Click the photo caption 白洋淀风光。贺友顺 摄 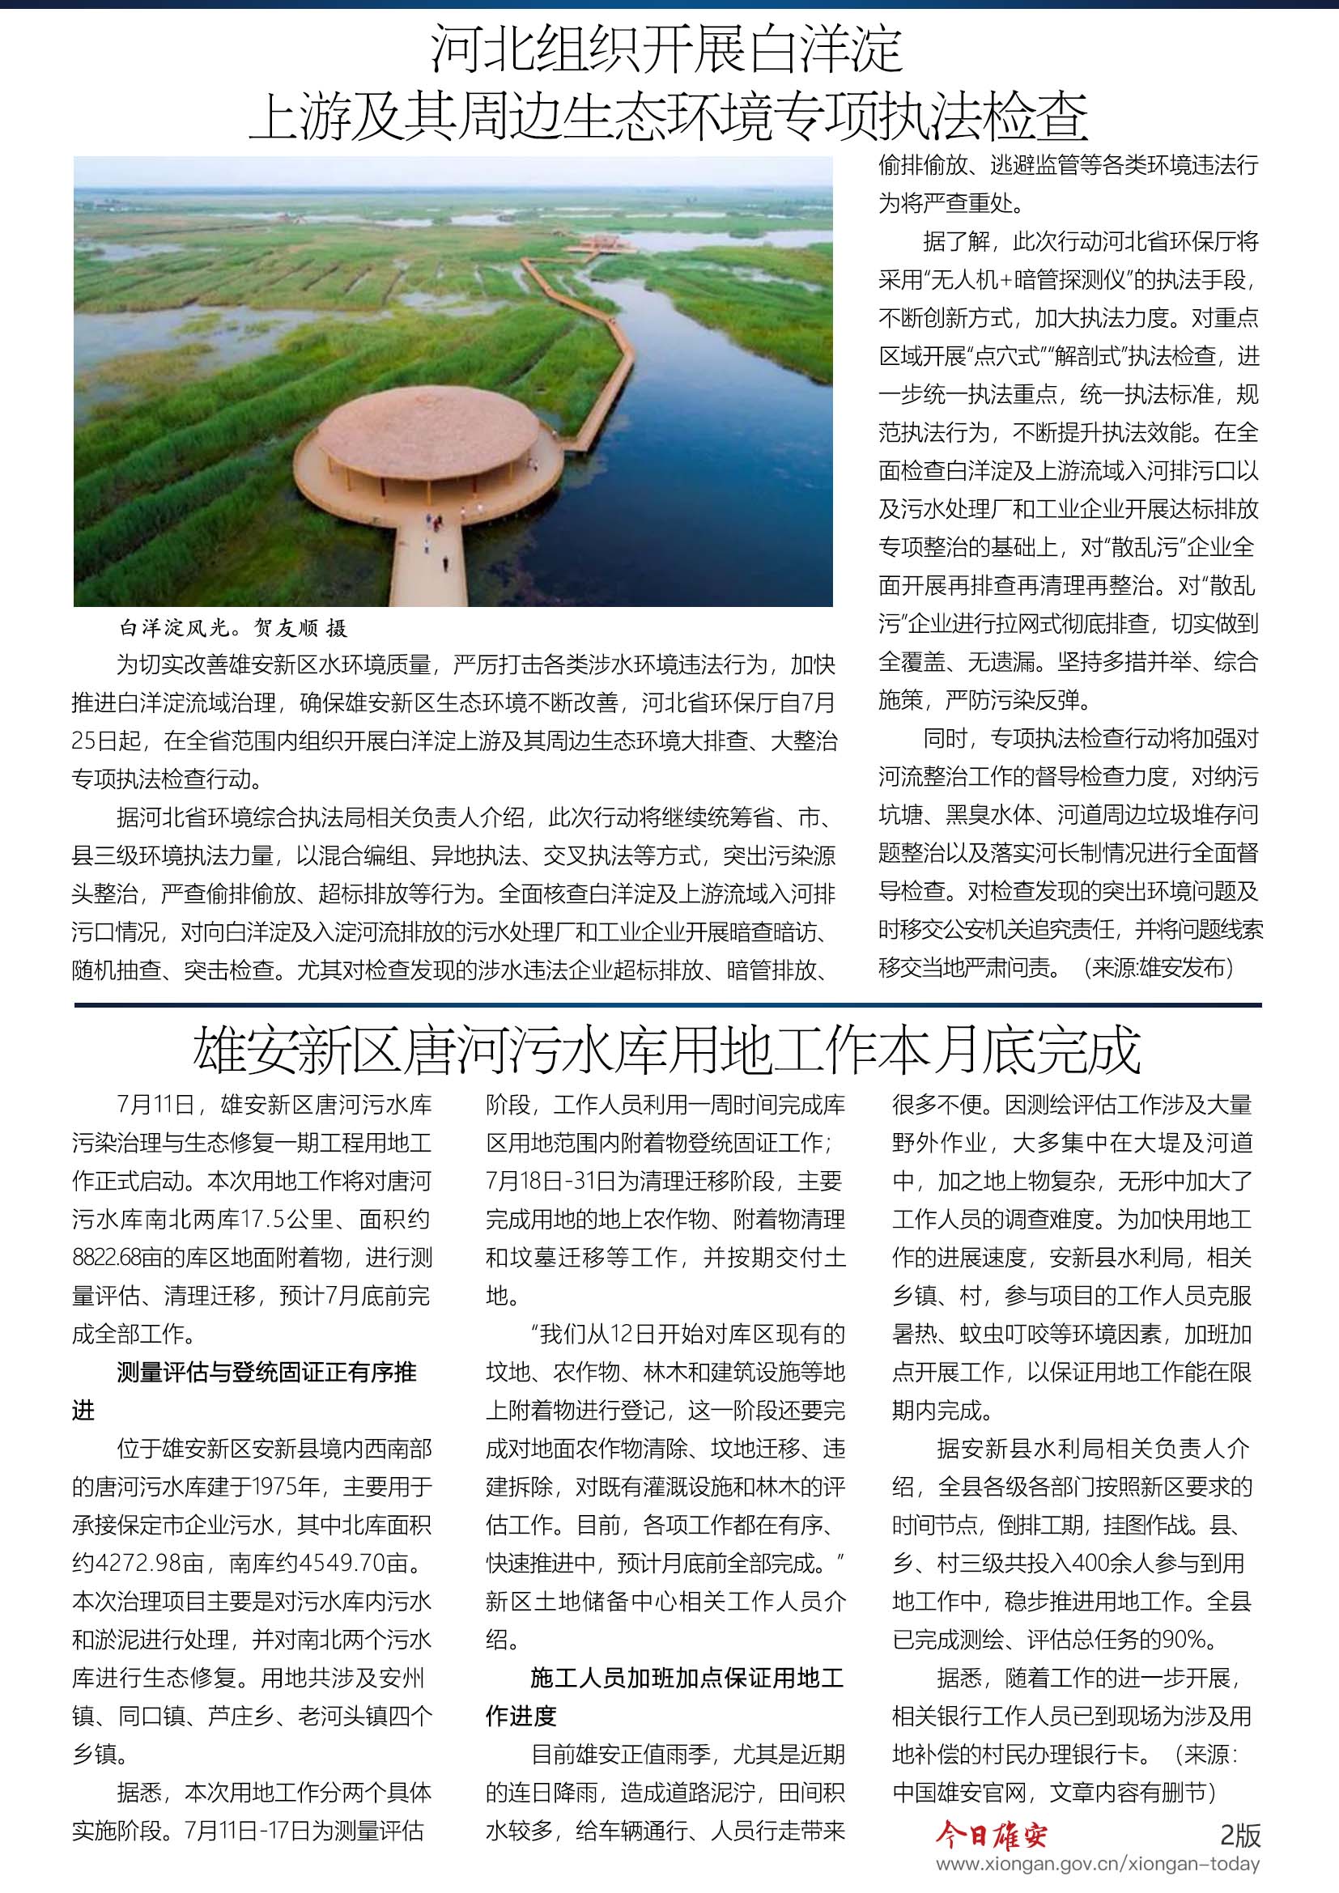coord(233,628)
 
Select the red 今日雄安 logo coord(991,1836)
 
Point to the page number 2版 coord(1240,1836)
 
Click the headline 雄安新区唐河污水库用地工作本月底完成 coord(667,1051)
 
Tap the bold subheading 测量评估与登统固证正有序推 coord(267,1372)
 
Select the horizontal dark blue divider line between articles coord(667,1005)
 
